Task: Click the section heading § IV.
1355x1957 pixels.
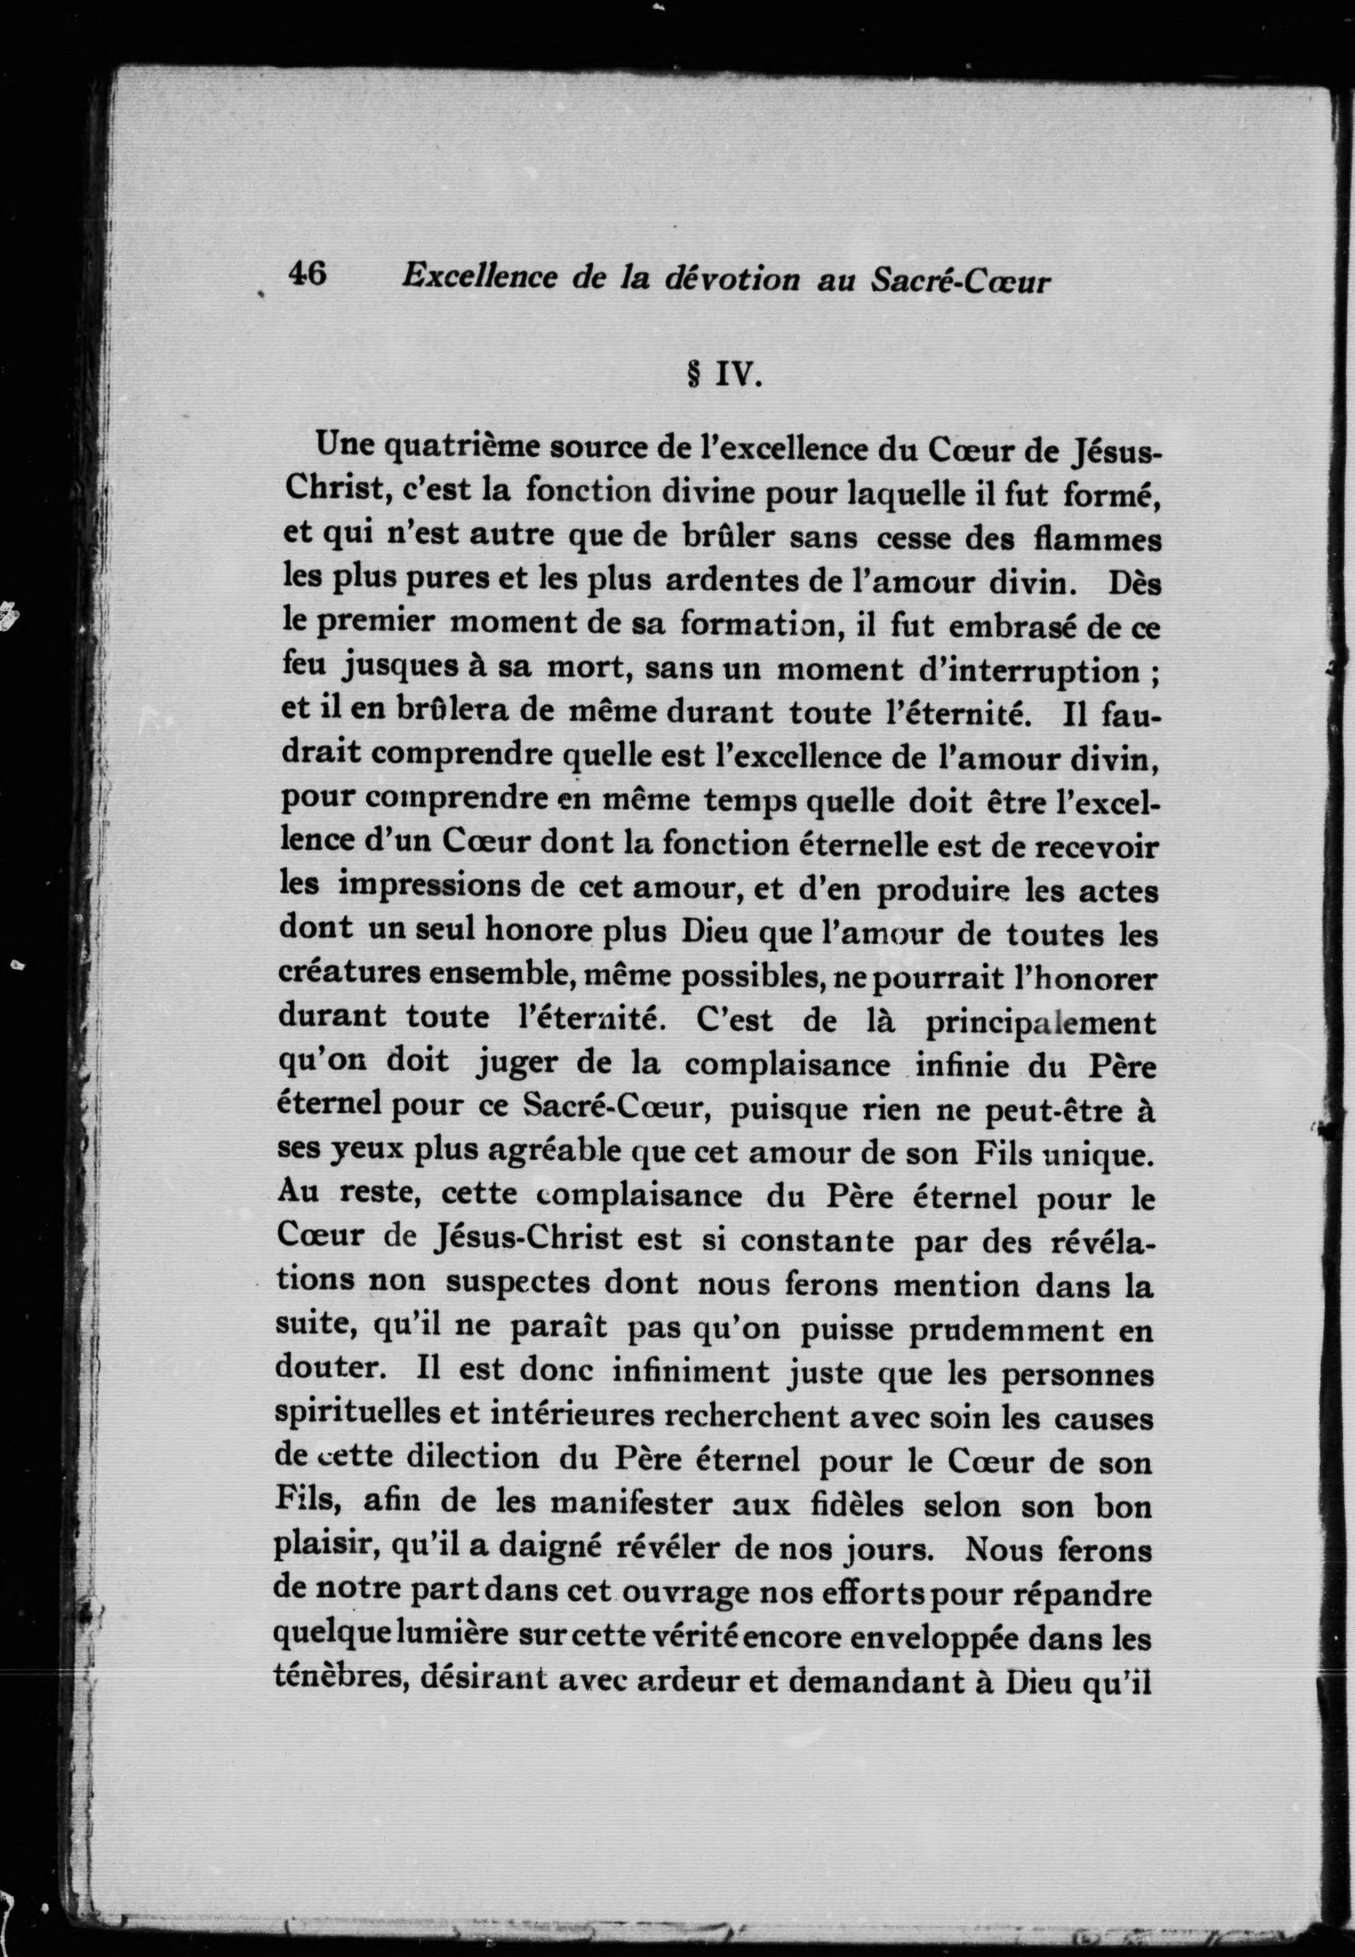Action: (723, 373)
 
